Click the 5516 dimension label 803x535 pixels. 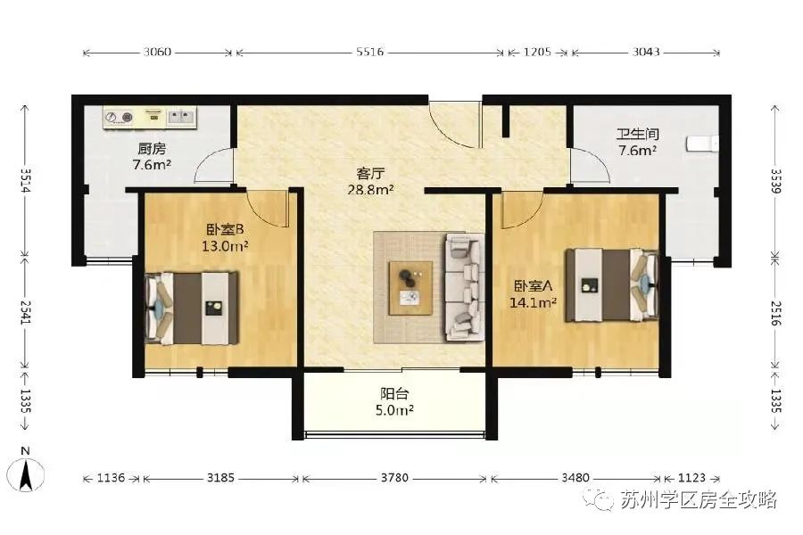[369, 53]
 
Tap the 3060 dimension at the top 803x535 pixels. [157, 53]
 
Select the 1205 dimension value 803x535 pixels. [537, 53]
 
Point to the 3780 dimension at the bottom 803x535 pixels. [394, 478]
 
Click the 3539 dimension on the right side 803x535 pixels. [776, 181]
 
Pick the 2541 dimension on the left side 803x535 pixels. [26, 311]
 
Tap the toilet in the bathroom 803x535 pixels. [702, 144]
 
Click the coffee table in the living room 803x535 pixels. [410, 288]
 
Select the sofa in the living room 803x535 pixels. [465, 287]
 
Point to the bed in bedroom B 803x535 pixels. [192, 309]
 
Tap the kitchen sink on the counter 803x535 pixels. [181, 117]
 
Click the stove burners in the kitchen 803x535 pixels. [119, 118]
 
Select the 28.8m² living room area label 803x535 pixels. [371, 190]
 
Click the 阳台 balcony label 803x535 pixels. [394, 394]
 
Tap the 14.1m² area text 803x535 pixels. [534, 302]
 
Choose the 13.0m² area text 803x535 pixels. [225, 246]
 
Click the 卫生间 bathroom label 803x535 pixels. [638, 134]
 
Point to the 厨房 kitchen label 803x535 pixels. [152, 149]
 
